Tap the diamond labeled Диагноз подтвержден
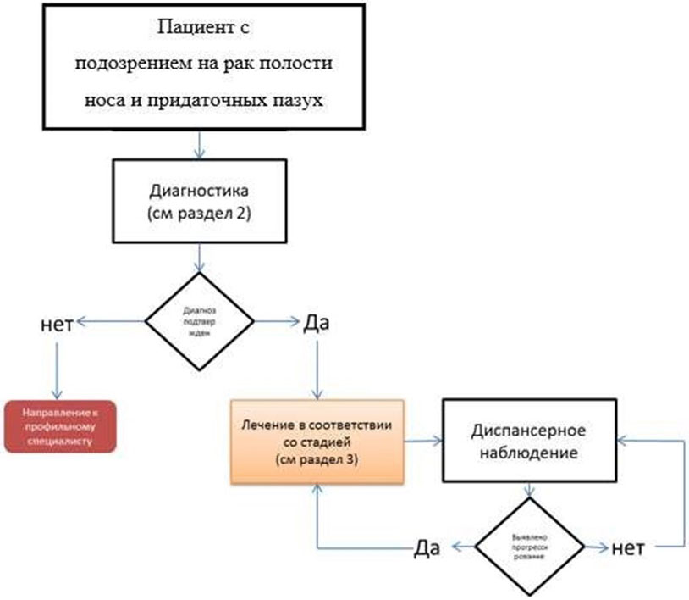point(200,322)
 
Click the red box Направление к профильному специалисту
point(59,424)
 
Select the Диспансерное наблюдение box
point(530,440)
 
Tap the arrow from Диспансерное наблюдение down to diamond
point(531,494)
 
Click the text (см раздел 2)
point(199,213)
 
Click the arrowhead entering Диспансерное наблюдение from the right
point(625,440)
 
